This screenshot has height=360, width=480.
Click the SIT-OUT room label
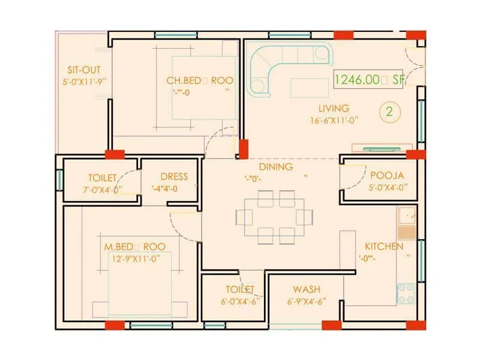[x=80, y=70]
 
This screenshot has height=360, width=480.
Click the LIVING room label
[x=334, y=109]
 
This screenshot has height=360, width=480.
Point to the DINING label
[x=276, y=167]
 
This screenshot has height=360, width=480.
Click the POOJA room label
[x=387, y=176]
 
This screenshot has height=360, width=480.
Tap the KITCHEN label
[x=384, y=247]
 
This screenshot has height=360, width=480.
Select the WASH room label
[x=305, y=290]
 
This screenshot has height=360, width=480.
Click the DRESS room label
[x=174, y=177]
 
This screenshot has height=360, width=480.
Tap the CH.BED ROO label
[x=200, y=80]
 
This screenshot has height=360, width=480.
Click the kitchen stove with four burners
[x=406, y=293]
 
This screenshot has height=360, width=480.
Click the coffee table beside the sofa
[x=309, y=88]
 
